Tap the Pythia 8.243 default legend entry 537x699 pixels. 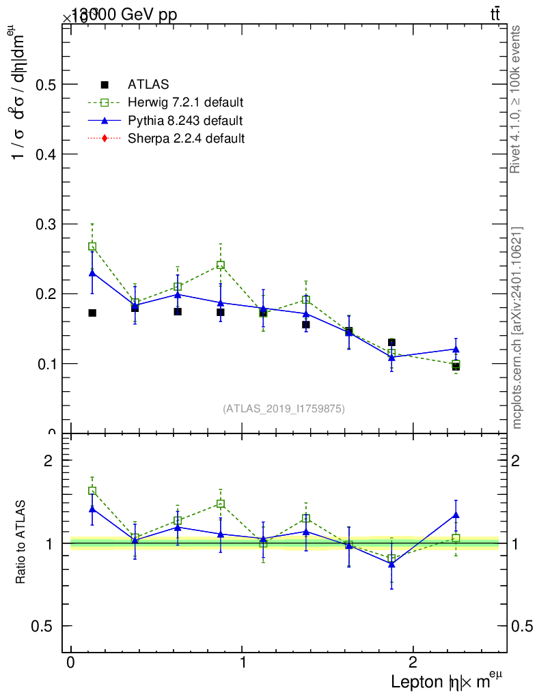tap(185, 121)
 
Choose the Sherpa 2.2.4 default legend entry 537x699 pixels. tap(186, 139)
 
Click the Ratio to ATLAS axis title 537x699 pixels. tap(21, 543)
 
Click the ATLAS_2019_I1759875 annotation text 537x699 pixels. tap(284, 409)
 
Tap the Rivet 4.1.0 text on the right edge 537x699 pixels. tap(517, 99)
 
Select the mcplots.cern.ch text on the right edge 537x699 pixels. tap(517, 328)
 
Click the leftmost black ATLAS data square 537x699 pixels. tap(92, 313)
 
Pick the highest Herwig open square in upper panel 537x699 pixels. tap(92, 246)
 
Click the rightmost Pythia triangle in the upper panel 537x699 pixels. tap(456, 349)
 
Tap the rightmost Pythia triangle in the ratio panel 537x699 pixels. tap(456, 515)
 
